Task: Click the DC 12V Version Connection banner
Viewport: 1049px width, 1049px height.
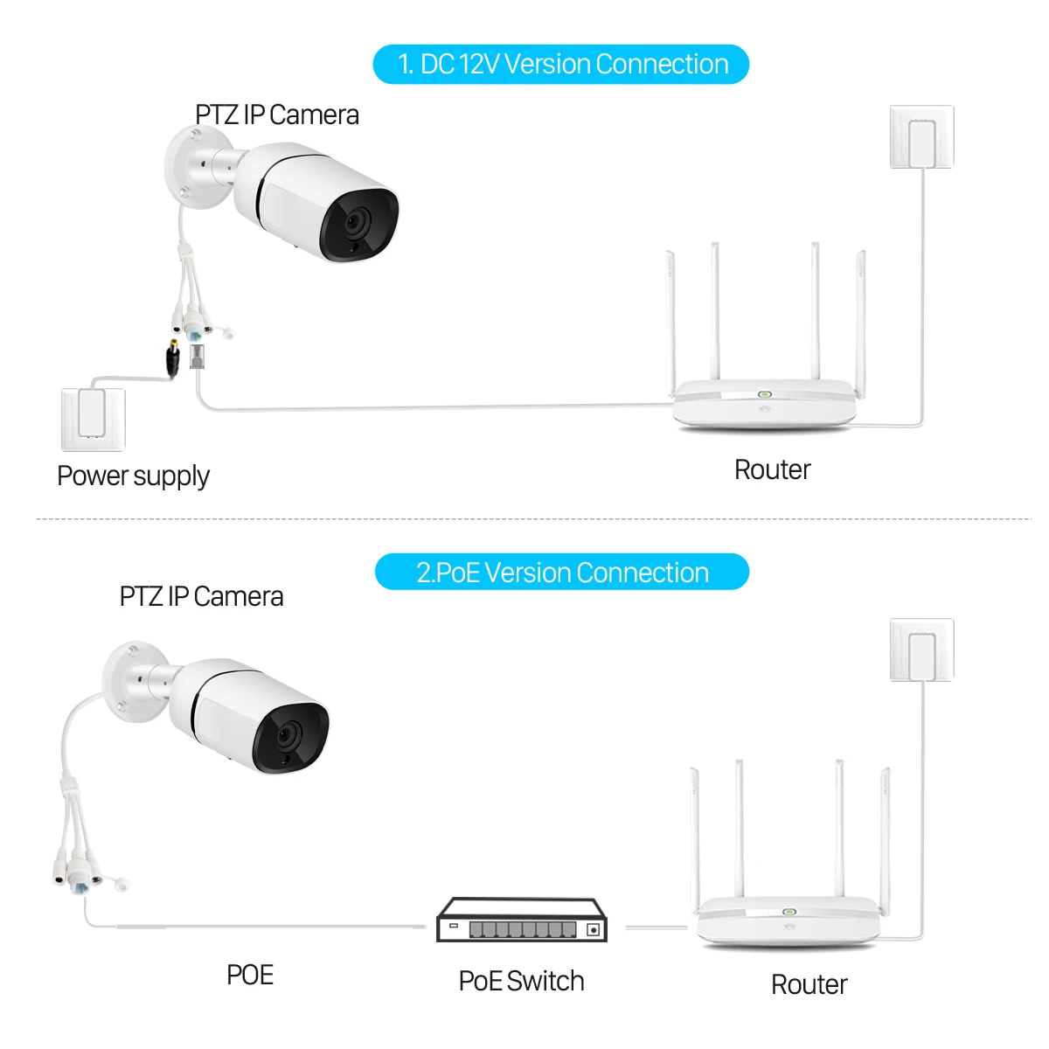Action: (x=561, y=65)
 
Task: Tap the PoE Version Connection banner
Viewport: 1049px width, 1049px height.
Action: (x=562, y=573)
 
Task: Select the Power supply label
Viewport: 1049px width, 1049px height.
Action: (x=133, y=476)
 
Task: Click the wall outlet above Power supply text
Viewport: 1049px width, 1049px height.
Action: (x=92, y=418)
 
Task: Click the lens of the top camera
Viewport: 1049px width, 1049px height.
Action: (x=355, y=224)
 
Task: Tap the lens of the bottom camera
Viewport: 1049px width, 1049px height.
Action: (x=287, y=736)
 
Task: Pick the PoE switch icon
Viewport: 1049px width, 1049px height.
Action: (x=522, y=921)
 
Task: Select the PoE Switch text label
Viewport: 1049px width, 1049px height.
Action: (x=521, y=982)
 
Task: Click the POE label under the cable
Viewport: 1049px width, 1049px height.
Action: (x=250, y=976)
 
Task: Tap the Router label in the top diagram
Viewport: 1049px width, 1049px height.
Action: (x=772, y=470)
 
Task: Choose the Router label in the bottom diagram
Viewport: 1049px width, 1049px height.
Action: (x=809, y=985)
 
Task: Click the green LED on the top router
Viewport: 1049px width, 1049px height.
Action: (x=763, y=394)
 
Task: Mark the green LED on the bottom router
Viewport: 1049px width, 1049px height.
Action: (x=788, y=911)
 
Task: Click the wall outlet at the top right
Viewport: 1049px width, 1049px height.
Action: (x=921, y=137)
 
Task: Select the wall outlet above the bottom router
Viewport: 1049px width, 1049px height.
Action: (x=921, y=650)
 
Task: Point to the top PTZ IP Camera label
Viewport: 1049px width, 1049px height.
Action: (x=276, y=115)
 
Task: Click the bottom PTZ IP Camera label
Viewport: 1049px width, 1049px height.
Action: (x=201, y=597)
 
